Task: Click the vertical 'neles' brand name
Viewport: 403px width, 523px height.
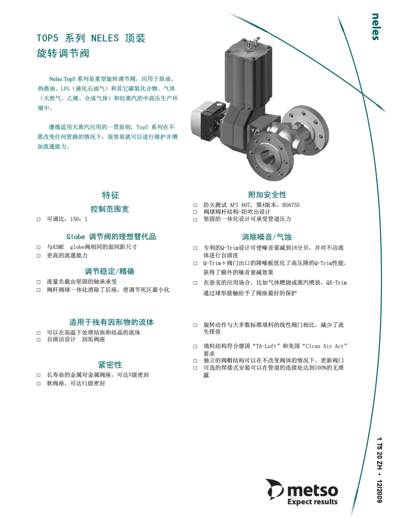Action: coord(375,27)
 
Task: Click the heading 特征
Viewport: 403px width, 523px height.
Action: coord(110,195)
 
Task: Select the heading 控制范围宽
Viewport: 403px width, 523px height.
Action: coord(109,209)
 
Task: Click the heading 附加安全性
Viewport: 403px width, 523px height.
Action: coord(267,195)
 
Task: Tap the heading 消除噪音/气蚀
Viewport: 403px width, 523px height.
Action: coord(267,237)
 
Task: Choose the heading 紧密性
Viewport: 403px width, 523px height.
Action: coord(110,365)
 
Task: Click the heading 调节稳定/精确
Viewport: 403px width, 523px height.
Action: coord(109,271)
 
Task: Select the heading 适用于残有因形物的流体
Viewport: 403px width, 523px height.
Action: coord(111,322)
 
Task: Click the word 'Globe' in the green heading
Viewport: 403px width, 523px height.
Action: coord(76,237)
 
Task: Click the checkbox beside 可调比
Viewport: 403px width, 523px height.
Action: coord(39,219)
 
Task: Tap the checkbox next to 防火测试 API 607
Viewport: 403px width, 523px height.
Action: coord(196,205)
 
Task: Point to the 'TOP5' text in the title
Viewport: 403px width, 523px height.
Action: coord(47,38)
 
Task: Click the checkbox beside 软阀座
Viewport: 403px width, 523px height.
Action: coord(39,383)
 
